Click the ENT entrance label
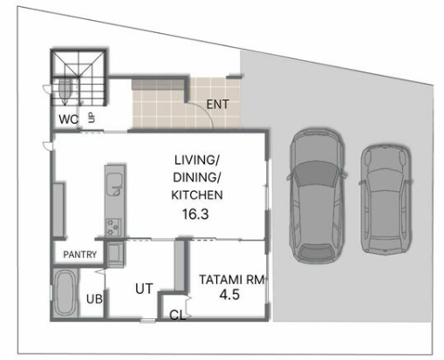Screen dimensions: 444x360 click(217, 105)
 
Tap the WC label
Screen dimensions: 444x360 click(69, 119)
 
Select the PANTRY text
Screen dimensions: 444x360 click(80, 255)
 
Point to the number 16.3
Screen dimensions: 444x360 click(195, 214)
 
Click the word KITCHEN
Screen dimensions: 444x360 click(197, 195)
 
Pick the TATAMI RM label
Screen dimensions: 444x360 click(232, 280)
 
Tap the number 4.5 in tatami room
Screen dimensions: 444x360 click(229, 295)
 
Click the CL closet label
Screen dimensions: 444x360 click(177, 315)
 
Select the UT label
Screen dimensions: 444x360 click(144, 289)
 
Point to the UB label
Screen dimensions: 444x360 click(94, 299)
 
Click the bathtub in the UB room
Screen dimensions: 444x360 click(65, 293)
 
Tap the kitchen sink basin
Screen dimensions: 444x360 click(114, 184)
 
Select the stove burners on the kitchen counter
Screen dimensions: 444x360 click(113, 227)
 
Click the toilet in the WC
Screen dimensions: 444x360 click(65, 89)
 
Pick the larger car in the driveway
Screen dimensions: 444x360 click(318, 196)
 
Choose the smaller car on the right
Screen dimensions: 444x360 click(386, 200)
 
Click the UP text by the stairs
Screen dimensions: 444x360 click(92, 118)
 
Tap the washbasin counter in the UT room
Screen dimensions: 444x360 click(115, 255)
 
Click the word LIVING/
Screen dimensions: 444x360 click(197, 160)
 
